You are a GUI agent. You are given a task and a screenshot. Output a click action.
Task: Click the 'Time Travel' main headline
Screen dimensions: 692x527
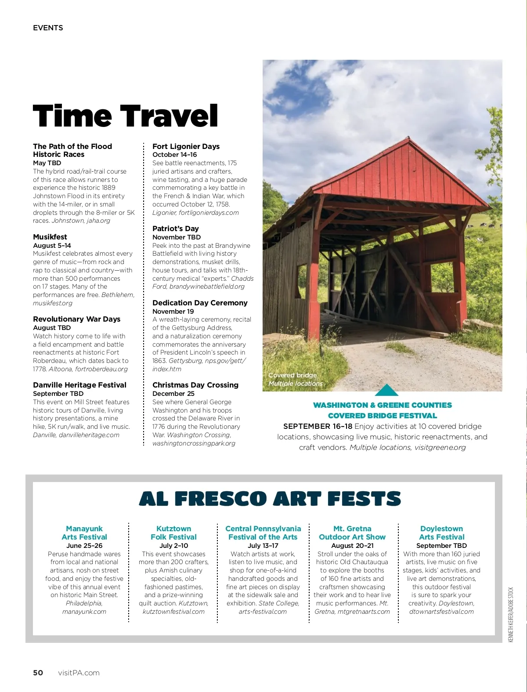[x=126, y=116]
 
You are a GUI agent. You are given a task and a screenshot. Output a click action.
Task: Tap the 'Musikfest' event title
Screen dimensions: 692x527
[x=50, y=237]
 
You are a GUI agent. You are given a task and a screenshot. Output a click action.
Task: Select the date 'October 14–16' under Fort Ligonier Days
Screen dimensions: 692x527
[x=174, y=155]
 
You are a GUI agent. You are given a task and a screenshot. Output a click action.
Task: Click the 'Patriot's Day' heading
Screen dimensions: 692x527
[x=175, y=228]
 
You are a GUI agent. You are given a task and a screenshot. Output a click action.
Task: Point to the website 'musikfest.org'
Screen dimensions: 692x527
[x=53, y=303]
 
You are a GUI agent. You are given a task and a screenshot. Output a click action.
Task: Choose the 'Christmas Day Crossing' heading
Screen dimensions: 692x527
[x=195, y=385]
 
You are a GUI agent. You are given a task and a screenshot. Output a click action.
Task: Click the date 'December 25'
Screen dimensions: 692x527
[x=173, y=394]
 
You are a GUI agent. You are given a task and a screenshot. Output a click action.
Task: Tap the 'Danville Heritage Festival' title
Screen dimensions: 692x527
[x=79, y=385]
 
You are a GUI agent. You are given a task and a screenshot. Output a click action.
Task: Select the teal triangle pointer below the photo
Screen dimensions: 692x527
[x=386, y=390]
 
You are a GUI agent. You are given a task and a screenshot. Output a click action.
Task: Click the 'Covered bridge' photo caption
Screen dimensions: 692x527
[x=292, y=375]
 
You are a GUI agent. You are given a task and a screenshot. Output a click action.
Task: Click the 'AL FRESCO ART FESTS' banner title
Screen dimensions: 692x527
[x=270, y=499]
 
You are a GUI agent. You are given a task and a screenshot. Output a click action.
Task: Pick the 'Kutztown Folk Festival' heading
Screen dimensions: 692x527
[x=173, y=533]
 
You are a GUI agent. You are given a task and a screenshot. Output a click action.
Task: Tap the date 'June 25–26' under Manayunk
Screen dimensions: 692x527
[x=84, y=546]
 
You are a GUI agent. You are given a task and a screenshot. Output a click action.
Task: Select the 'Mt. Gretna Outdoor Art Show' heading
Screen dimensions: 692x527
[x=352, y=533]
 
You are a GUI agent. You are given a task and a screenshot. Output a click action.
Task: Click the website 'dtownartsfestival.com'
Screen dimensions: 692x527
[x=441, y=612]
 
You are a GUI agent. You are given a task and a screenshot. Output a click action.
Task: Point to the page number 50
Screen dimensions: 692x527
[x=38, y=673]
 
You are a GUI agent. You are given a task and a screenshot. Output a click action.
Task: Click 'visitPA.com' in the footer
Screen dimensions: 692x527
[x=79, y=673]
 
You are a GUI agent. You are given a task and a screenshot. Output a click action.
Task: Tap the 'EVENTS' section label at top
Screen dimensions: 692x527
[x=48, y=28]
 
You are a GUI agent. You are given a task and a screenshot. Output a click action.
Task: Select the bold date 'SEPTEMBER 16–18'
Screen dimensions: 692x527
[x=318, y=426]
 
